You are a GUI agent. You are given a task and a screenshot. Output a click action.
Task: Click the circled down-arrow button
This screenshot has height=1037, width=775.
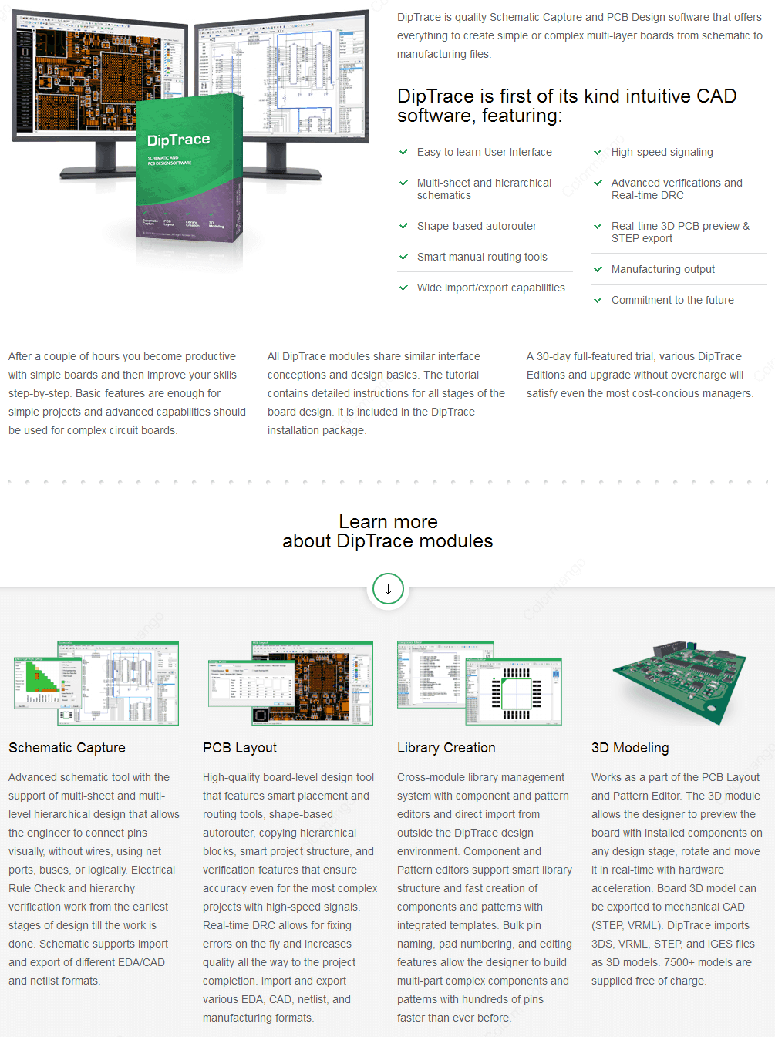388,589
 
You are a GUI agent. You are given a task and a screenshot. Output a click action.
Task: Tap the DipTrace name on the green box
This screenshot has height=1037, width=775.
178,140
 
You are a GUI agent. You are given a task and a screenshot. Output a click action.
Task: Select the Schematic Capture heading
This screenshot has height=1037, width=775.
67,748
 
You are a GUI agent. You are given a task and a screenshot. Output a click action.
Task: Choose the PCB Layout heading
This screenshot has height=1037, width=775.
240,748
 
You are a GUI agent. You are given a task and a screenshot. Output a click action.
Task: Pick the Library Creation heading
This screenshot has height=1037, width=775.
446,748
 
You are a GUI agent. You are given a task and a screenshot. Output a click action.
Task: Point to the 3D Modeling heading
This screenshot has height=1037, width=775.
630,748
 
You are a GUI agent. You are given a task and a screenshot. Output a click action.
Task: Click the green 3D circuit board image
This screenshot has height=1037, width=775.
679,682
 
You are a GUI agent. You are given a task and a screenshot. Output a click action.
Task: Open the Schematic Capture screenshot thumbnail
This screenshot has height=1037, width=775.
96,683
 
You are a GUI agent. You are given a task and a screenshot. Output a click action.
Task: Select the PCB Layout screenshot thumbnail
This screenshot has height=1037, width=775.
290,683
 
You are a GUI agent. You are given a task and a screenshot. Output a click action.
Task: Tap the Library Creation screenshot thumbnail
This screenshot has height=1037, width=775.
479,683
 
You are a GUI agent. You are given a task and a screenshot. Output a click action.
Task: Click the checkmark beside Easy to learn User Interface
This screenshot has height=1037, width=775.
403,152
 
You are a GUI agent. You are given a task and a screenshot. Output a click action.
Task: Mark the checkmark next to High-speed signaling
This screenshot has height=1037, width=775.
598,152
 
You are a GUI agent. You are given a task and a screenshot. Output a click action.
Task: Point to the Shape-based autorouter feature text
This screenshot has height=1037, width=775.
477,226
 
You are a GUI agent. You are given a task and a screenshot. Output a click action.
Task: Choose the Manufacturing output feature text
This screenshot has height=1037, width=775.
663,269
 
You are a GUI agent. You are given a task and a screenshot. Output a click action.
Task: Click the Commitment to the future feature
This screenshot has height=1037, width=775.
672,300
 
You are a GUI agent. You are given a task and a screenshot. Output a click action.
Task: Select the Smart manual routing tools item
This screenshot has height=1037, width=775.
482,257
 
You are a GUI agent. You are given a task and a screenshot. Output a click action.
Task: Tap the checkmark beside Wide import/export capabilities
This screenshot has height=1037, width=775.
403,288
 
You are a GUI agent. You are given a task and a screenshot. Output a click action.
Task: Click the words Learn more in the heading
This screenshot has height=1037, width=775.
388,522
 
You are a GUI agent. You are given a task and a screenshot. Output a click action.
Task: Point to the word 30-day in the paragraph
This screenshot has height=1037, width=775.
554,356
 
